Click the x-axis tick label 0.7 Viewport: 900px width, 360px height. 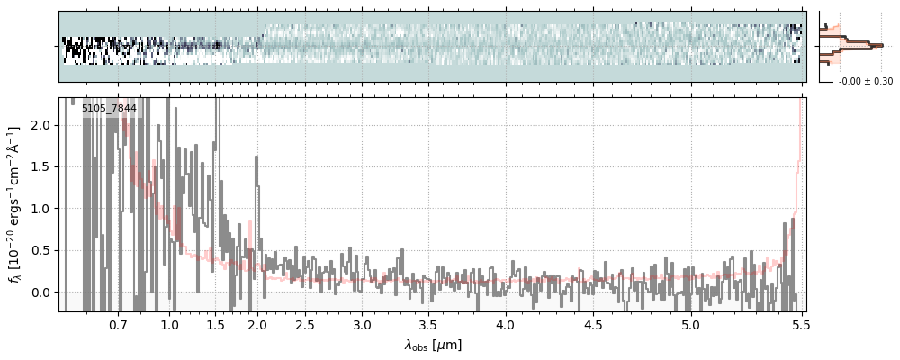pos(118,324)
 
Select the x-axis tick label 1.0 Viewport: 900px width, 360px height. pos(169,324)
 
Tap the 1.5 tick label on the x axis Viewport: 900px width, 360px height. pos(216,324)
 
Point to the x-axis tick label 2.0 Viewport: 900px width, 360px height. pos(257,324)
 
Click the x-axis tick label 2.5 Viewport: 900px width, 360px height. pos(305,324)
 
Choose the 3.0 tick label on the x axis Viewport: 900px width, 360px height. pos(362,324)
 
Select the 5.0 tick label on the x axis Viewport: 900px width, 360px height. pos(690,324)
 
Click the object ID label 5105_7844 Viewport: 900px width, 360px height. pos(109,109)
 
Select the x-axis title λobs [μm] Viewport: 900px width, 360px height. pos(433,345)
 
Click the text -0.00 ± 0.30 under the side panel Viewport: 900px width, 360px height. pos(865,82)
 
